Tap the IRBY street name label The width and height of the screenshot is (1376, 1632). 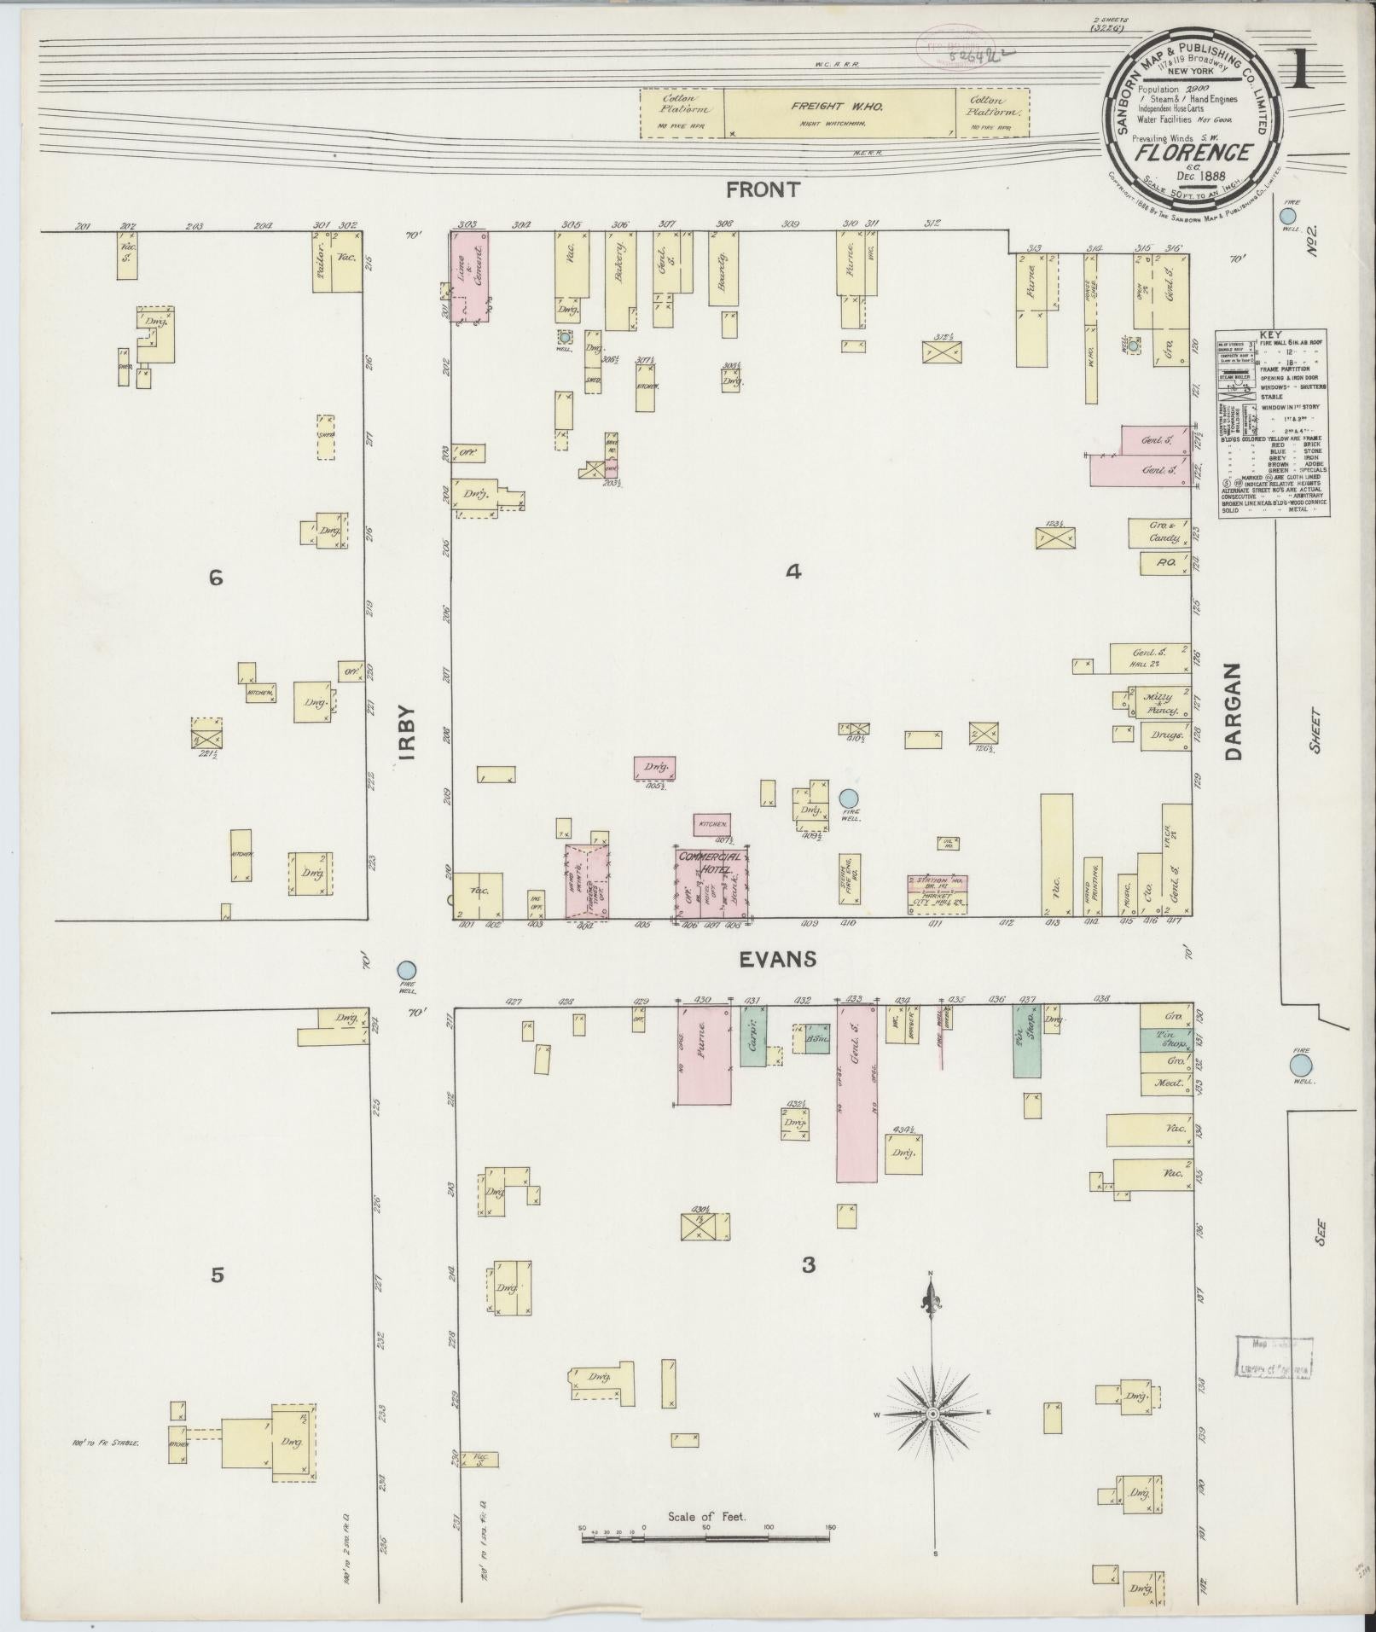pyautogui.click(x=406, y=732)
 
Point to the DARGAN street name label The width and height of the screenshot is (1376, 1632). pyautogui.click(x=1234, y=711)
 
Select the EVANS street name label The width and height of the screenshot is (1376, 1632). pyautogui.click(x=777, y=959)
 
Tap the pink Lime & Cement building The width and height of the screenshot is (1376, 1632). pyautogui.click(x=469, y=278)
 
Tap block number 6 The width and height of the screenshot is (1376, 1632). pyautogui.click(x=216, y=578)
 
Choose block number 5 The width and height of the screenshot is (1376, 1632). pyautogui.click(x=218, y=1275)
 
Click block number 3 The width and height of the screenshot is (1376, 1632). pyautogui.click(x=808, y=1264)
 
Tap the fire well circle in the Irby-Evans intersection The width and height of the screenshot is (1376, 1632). pyautogui.click(x=407, y=969)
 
